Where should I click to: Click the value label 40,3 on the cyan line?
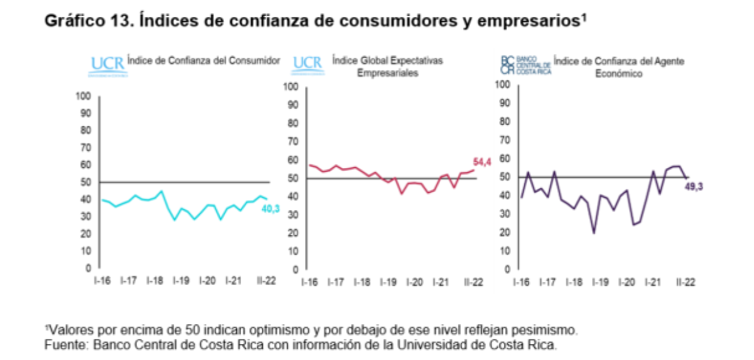click(271, 209)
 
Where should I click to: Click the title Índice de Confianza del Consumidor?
click(204, 61)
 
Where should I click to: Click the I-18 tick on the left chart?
click(156, 281)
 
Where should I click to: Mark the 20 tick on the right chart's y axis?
click(505, 233)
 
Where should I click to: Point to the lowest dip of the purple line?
click(594, 233)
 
